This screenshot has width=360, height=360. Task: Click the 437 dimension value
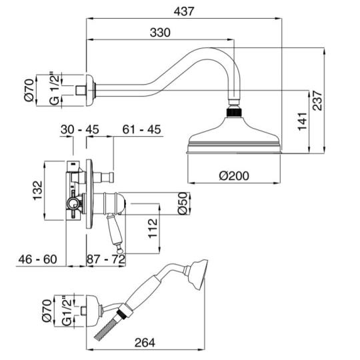(x=184, y=11)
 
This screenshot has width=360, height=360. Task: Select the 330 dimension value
(x=160, y=33)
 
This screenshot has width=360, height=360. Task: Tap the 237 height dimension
(x=318, y=101)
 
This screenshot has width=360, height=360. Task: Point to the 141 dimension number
(x=303, y=121)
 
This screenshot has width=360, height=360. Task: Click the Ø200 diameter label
(x=234, y=176)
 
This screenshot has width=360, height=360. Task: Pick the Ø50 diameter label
(x=183, y=203)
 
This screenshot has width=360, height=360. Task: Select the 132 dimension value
(x=38, y=191)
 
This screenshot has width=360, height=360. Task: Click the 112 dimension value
(x=153, y=229)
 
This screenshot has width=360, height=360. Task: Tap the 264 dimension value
(x=145, y=343)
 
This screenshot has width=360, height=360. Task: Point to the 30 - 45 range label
(x=80, y=129)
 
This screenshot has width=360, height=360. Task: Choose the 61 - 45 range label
(x=141, y=129)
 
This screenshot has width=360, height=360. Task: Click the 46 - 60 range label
(x=37, y=259)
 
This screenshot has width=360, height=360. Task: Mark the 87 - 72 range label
(x=106, y=259)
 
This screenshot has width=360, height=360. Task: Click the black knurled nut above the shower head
(x=234, y=113)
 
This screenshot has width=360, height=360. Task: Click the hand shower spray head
(x=199, y=275)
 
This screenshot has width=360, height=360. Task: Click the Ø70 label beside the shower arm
(x=30, y=90)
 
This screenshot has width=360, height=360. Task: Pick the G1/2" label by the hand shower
(x=67, y=311)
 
